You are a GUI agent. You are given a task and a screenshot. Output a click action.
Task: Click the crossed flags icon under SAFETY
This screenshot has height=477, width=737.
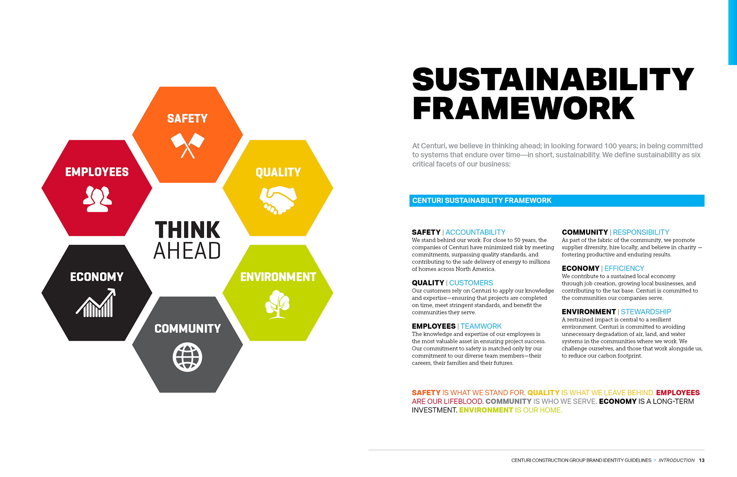[x=187, y=146]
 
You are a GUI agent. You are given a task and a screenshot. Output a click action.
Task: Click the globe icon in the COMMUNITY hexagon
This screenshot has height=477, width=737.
[x=187, y=357]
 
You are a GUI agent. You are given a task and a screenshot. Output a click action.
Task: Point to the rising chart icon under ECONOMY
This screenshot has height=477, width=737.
[x=96, y=303]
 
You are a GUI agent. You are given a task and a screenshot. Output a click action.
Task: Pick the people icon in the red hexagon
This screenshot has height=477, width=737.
[x=97, y=199]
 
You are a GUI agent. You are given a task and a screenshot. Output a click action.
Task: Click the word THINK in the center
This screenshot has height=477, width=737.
[x=187, y=230]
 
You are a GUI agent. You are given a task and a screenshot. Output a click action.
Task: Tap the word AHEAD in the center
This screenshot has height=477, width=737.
[x=187, y=251]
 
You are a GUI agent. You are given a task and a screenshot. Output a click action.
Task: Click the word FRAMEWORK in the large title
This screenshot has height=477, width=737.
[x=523, y=108]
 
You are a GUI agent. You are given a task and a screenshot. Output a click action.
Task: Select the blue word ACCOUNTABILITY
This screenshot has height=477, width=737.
[x=475, y=232]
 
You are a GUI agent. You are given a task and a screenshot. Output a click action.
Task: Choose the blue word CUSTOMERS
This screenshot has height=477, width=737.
[x=471, y=283]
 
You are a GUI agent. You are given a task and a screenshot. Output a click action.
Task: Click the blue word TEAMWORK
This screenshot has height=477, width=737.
[x=481, y=326]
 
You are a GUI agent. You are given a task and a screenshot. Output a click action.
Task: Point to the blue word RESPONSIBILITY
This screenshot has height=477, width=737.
[x=641, y=232]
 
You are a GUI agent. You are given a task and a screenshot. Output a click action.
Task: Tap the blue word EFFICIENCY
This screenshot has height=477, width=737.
[x=624, y=268]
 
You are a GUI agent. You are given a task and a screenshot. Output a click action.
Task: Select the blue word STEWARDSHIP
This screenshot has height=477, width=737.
[x=646, y=312]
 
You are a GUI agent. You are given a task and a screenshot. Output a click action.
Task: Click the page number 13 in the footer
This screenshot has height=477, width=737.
[x=702, y=460]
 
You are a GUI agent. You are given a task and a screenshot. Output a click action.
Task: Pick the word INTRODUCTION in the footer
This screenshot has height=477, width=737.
[x=676, y=460]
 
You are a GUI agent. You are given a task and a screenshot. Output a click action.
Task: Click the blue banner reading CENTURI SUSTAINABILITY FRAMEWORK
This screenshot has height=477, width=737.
[x=557, y=200]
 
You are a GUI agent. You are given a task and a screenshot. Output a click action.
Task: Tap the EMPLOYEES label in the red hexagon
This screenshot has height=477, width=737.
[x=97, y=172]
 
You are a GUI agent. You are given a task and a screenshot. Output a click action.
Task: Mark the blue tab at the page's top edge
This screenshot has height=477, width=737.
[x=732, y=32]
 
